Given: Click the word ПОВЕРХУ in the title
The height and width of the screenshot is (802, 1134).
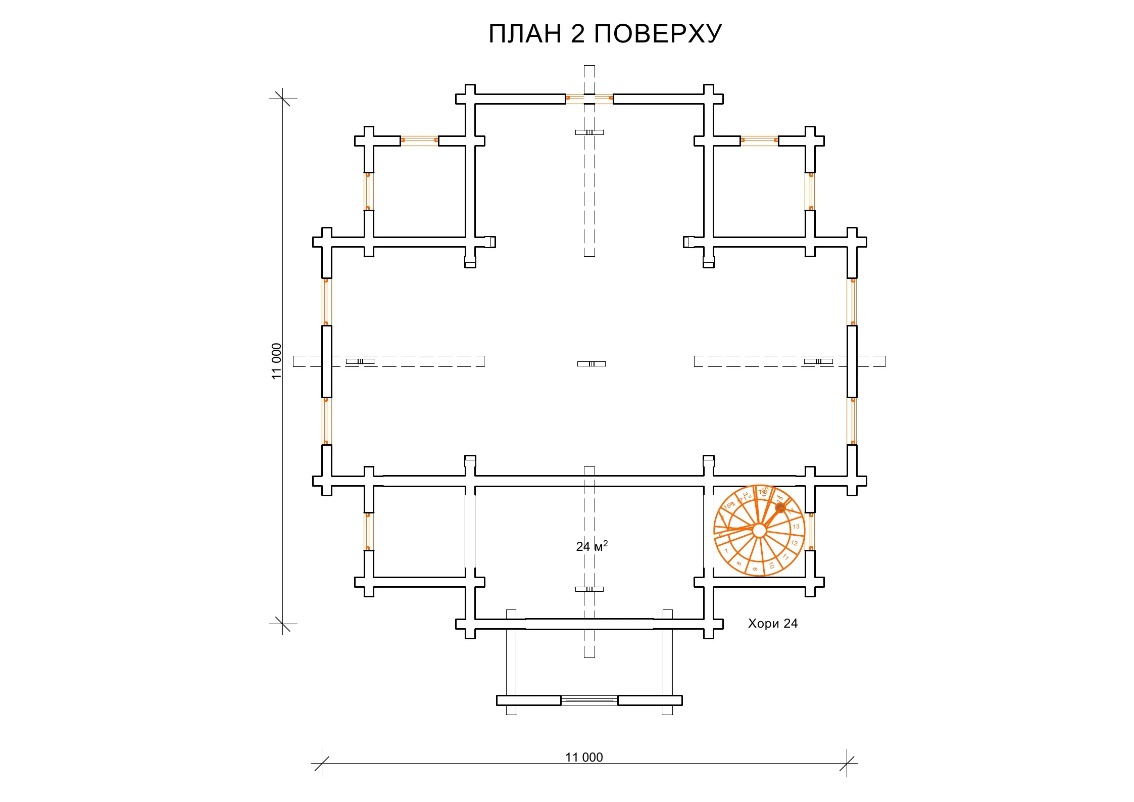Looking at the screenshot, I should (x=658, y=34).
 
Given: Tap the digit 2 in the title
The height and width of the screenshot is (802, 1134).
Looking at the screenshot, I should (x=577, y=34).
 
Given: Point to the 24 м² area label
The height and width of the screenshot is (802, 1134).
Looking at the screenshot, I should (x=591, y=546).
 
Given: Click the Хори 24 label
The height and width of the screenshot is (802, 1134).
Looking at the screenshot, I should (x=772, y=624).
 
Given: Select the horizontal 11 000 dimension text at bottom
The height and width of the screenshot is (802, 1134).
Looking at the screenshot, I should (x=584, y=757).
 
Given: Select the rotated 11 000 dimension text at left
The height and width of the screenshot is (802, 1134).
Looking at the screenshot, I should (x=276, y=361).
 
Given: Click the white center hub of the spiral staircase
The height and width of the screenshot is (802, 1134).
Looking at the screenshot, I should (x=759, y=531).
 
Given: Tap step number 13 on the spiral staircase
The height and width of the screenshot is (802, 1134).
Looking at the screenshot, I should (x=796, y=527).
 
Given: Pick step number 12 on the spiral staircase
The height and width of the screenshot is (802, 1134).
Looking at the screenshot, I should (x=794, y=543).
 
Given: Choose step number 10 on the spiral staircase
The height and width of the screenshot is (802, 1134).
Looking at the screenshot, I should (x=771, y=565).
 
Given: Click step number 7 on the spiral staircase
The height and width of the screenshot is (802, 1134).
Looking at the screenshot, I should (x=726, y=551).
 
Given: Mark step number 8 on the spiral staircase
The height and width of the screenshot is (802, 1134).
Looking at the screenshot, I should (x=738, y=563).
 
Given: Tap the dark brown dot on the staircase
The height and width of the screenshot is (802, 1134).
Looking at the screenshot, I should (x=780, y=507).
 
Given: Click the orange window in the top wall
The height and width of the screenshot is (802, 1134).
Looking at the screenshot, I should (x=589, y=98).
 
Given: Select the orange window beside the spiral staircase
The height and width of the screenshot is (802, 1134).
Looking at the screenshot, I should (x=811, y=531).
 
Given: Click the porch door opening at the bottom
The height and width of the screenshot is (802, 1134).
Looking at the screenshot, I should (x=589, y=700).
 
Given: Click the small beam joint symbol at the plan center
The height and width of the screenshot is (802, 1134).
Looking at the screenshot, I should (x=591, y=363).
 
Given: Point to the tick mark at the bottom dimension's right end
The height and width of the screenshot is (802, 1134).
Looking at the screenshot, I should (x=847, y=763).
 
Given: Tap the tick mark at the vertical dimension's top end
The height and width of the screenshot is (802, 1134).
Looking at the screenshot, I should (x=282, y=99).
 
